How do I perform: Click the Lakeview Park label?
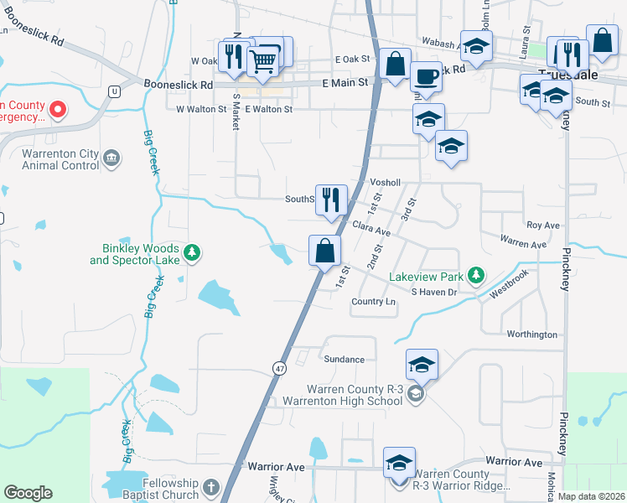(x=427, y=277)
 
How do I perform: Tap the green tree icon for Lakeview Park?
(x=476, y=275)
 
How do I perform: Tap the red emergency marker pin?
(x=58, y=109)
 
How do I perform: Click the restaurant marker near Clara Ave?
(x=331, y=200)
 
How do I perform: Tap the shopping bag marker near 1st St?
(x=324, y=250)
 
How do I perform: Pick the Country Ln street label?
(x=374, y=302)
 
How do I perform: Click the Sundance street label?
(x=344, y=360)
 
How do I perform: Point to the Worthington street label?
(x=532, y=334)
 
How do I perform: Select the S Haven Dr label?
(x=433, y=292)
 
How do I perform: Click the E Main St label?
(x=345, y=83)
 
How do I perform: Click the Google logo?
(x=28, y=493)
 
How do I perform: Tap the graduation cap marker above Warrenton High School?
(x=422, y=365)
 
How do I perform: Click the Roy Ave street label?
(x=542, y=226)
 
